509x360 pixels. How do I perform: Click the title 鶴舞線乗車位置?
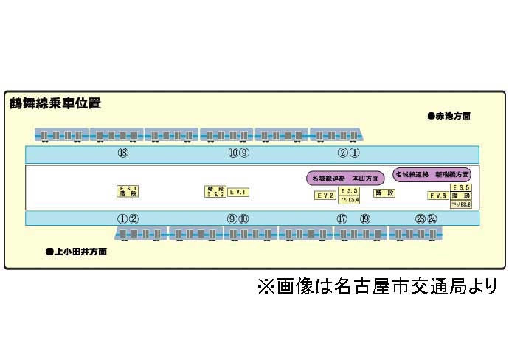pos(55,103)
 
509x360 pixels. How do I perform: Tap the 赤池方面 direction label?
pos(449,116)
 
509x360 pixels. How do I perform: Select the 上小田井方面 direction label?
pos(76,252)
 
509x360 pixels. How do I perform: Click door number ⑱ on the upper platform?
pos(122,153)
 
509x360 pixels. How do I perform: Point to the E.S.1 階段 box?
pos(128,191)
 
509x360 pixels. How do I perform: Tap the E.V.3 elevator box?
pos(438,195)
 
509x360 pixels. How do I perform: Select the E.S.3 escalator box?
pos(349,191)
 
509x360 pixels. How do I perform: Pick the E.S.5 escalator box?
pos(462,188)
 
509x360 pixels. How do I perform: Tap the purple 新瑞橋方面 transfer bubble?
pos(432,176)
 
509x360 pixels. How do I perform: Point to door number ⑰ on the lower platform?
pos(342,218)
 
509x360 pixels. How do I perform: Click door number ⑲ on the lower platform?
pos(364,218)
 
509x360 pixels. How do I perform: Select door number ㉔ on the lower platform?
pos(432,218)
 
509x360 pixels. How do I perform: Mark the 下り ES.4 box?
pos(349,200)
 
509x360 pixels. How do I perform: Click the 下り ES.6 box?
pos(461,204)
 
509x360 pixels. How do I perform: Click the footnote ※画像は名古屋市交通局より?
pos(377,285)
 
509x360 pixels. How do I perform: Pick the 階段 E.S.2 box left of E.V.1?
pos(214,191)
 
